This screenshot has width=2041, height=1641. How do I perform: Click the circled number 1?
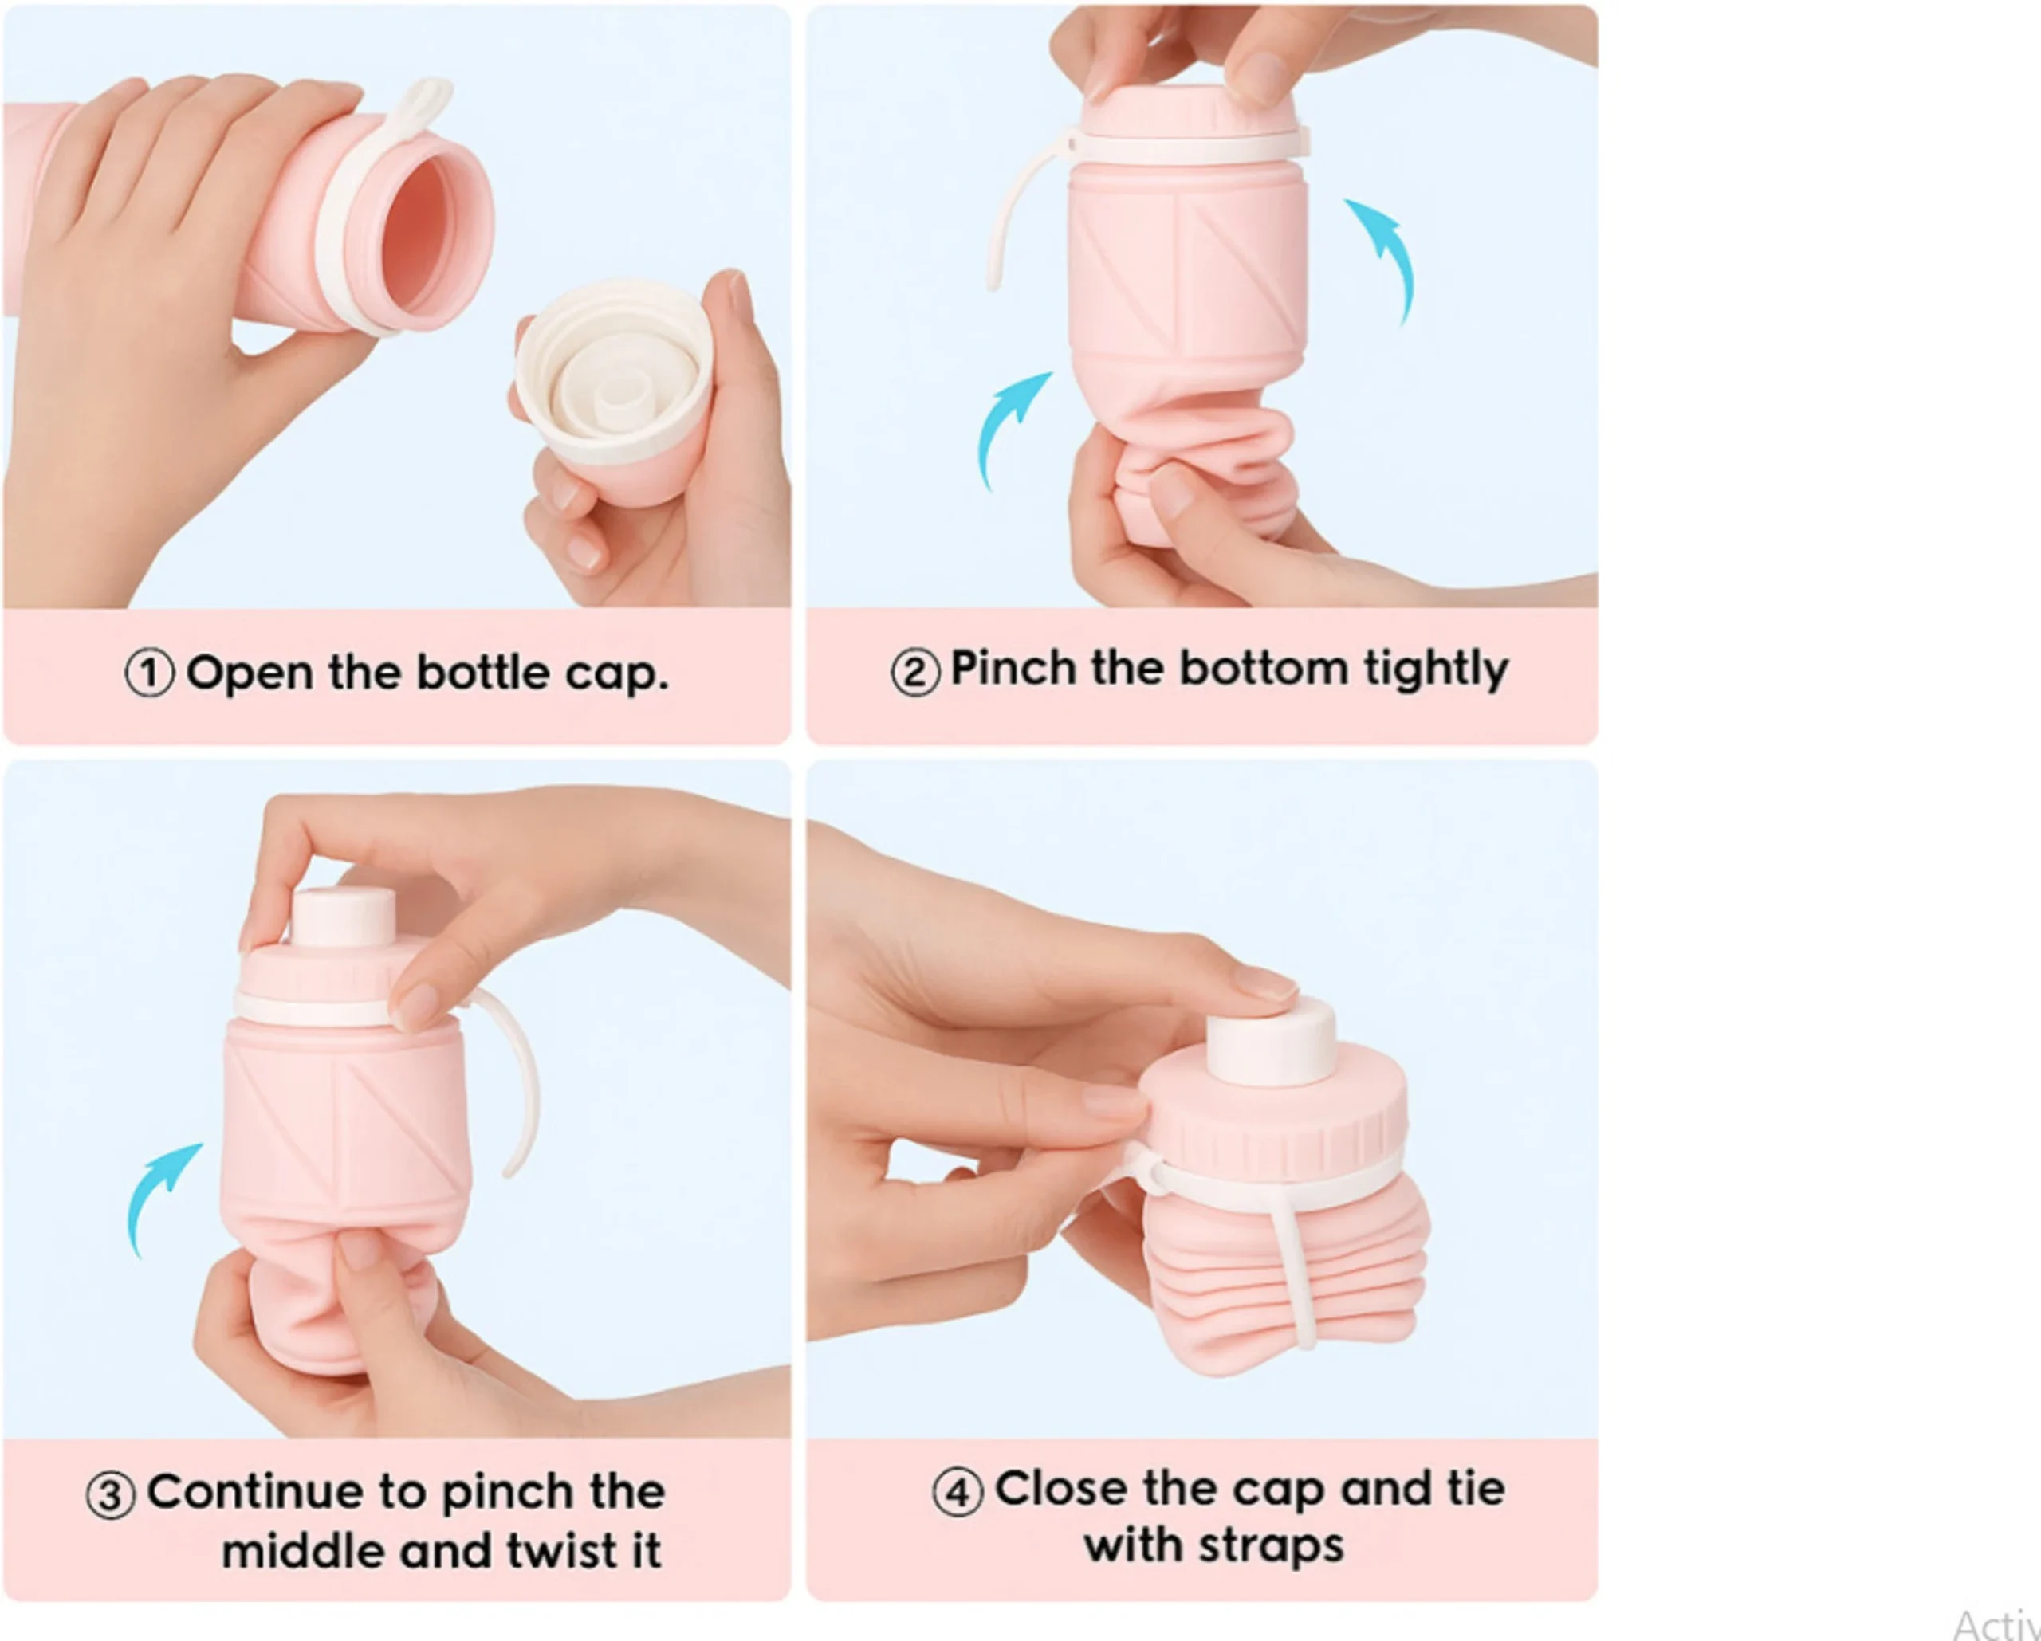coord(150,673)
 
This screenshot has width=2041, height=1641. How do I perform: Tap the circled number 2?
coord(914,673)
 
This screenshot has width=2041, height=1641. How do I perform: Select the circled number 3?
coord(111,1495)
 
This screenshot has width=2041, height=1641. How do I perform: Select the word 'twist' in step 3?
coord(560,1552)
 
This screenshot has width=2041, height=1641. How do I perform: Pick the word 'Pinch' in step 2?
coord(1014,668)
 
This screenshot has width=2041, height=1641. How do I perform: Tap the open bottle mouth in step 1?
coord(431,243)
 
